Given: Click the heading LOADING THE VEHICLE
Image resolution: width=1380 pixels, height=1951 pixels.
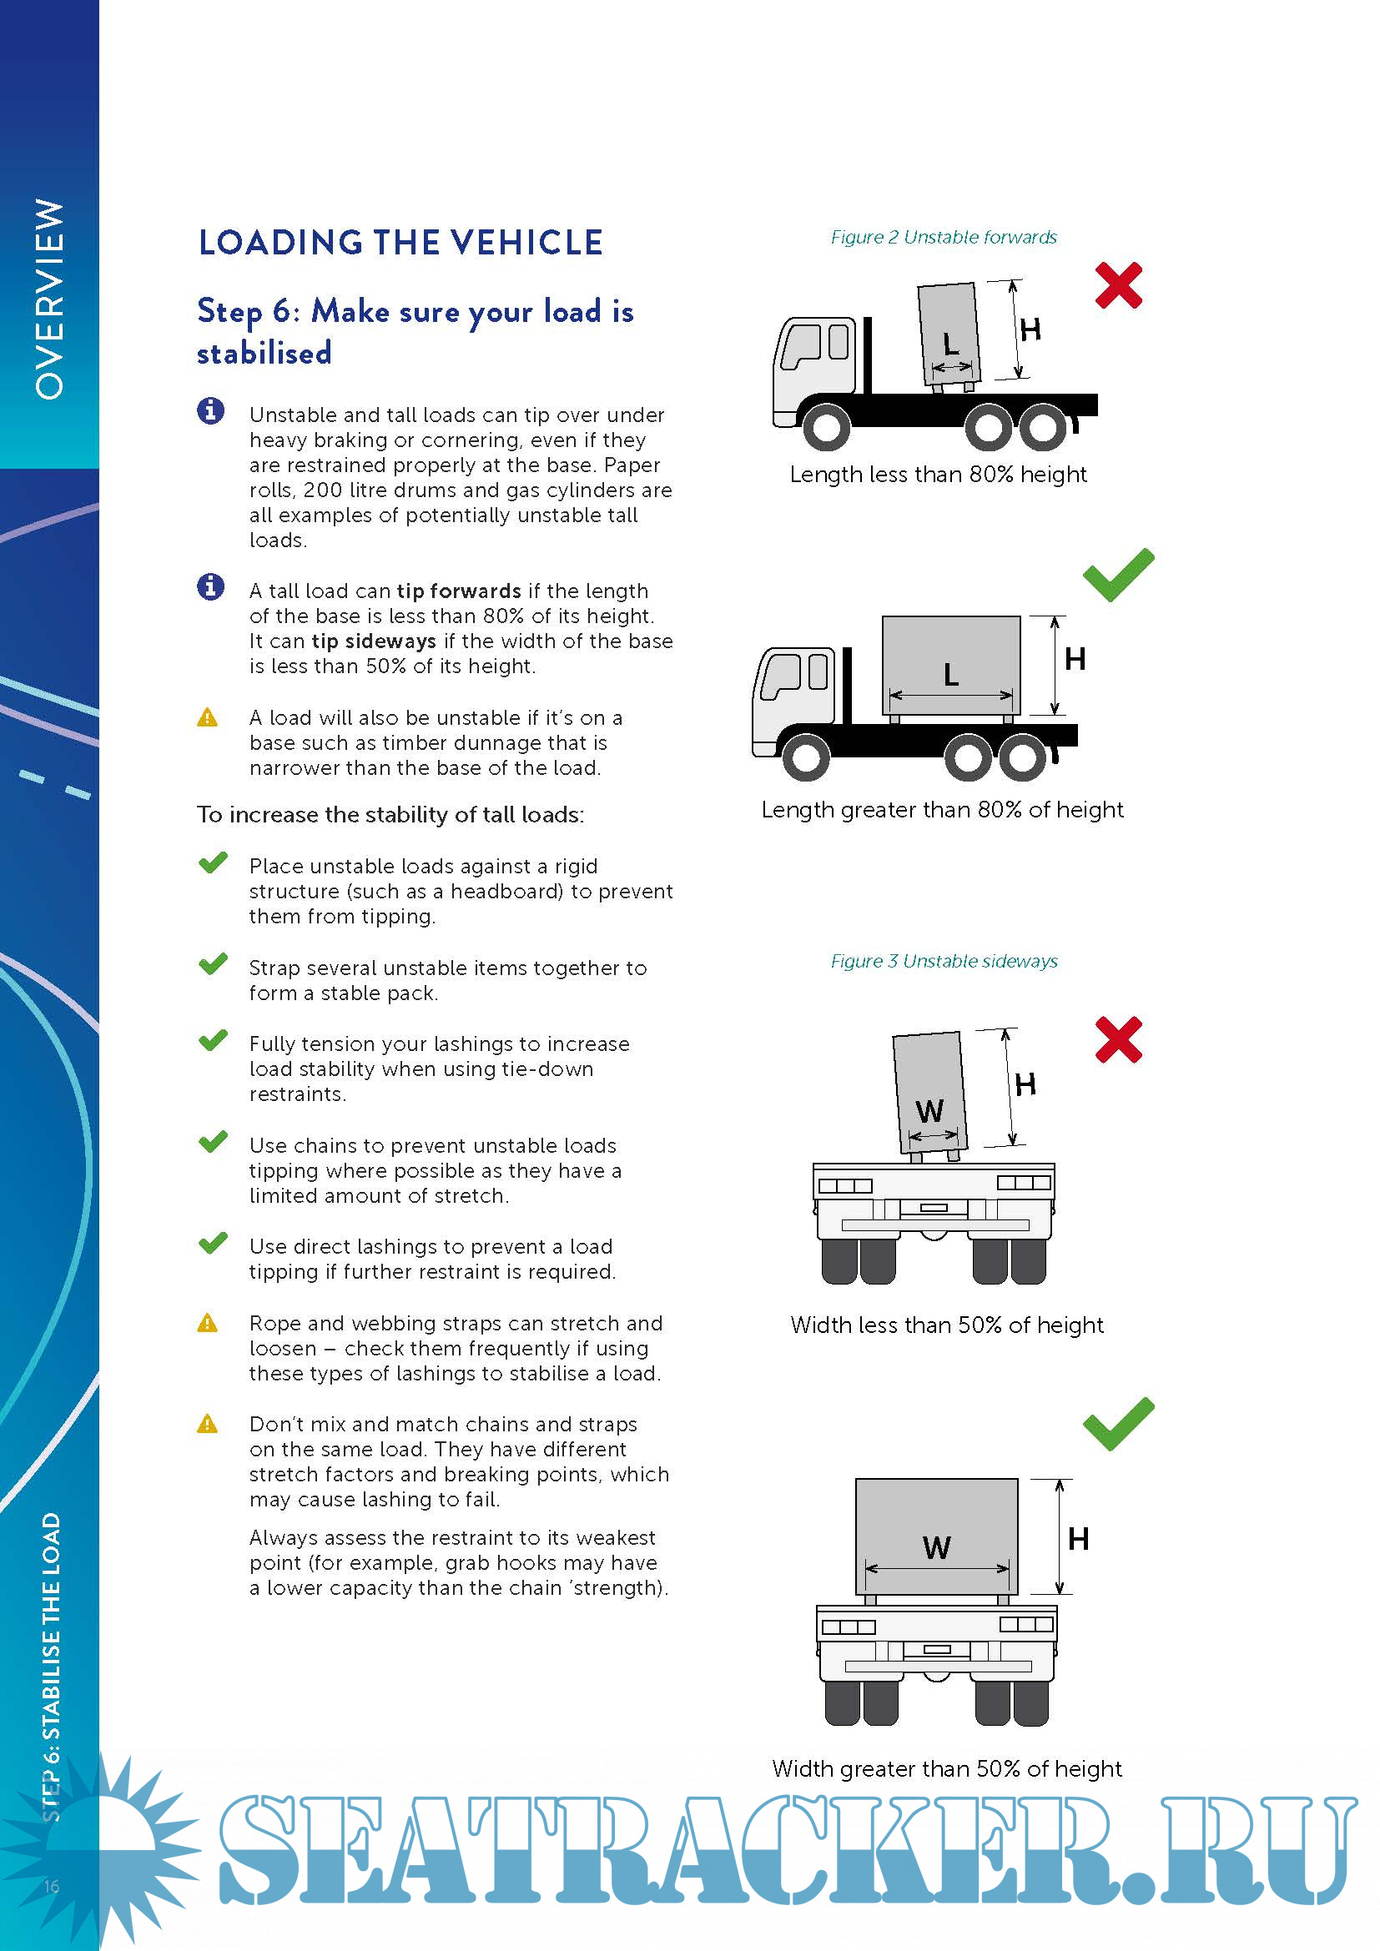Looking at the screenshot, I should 400,243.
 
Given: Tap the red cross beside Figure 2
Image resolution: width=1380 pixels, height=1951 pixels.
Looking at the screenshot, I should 1118,285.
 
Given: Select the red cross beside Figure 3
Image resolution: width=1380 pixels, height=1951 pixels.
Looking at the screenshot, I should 1118,1039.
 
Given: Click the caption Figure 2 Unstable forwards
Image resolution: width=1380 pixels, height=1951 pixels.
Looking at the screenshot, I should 944,237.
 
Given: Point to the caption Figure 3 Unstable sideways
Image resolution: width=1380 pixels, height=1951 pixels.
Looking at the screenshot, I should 944,961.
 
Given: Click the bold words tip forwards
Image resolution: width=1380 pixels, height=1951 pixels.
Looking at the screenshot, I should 459,591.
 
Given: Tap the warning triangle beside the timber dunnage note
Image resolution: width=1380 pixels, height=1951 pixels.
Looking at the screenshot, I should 208,718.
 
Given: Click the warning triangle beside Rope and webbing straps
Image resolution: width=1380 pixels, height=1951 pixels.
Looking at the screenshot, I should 208,1323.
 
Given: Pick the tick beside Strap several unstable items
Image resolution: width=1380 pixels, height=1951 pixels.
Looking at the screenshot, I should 213,964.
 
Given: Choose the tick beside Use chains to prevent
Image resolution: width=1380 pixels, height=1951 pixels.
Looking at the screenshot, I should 213,1141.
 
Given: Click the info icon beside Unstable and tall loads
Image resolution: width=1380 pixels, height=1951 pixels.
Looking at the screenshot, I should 211,411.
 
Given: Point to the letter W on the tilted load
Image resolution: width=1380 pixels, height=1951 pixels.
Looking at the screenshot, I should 929,1110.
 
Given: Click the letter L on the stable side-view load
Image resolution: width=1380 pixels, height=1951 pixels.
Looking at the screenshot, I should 951,675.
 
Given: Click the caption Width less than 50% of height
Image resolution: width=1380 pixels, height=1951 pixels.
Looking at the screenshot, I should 947,1325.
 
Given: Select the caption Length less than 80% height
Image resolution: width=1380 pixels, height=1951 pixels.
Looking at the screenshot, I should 938,474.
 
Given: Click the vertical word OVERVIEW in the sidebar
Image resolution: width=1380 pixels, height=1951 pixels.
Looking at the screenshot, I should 49,299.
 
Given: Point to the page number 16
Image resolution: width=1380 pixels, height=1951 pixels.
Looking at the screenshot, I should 51,1887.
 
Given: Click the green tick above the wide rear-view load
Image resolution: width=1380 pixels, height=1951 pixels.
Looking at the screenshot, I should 1118,1423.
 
